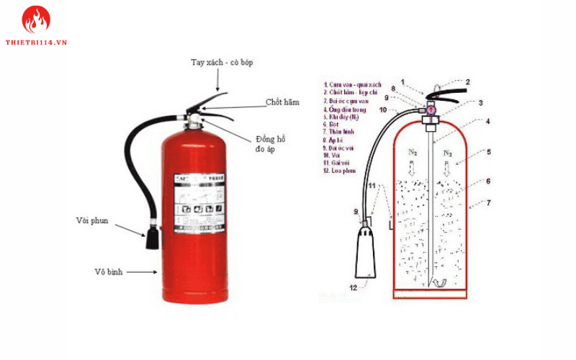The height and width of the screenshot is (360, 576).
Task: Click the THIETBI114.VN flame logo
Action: click(35, 20)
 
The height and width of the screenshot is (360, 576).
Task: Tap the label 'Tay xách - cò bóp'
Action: click(222, 63)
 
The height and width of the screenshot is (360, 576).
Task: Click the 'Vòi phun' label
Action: click(92, 220)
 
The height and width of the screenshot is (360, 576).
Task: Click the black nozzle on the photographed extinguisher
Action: click(152, 237)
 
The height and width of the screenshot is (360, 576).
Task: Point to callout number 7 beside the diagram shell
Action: click(489, 203)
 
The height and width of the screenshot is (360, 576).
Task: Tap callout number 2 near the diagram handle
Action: click(467, 82)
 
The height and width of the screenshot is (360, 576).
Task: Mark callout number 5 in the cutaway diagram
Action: click(489, 152)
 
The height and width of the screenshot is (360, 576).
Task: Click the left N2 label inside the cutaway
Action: click(413, 153)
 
